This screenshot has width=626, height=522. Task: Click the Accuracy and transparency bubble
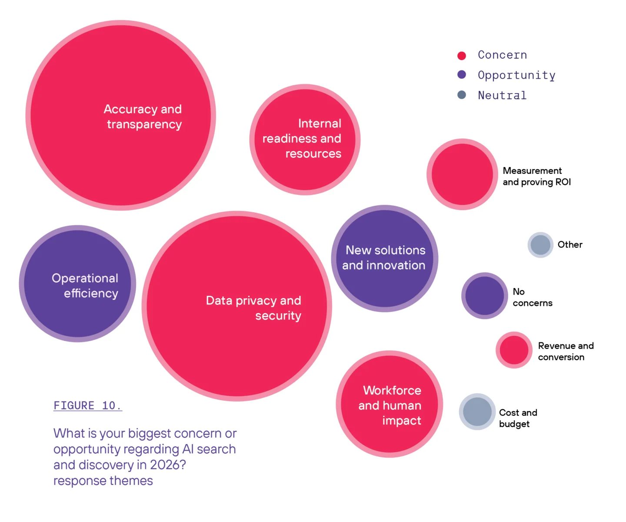tap(121, 115)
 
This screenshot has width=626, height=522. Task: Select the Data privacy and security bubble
tap(237, 306)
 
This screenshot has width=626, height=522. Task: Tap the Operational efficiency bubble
tap(77, 284)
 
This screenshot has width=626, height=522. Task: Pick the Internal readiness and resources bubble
tap(305, 140)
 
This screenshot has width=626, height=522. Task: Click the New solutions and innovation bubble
tap(385, 258)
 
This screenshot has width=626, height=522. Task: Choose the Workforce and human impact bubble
tap(390, 404)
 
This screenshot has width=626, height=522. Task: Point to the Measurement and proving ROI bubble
tap(462, 174)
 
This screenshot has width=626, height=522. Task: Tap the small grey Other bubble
tap(540, 245)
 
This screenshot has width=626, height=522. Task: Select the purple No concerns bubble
tap(484, 296)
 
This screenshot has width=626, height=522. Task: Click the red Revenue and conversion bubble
tap(514, 350)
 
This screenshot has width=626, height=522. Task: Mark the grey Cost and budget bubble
tap(477, 412)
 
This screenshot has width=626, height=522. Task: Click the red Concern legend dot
tap(462, 56)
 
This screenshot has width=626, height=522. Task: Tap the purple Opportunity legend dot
tap(462, 75)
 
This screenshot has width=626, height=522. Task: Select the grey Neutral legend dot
tap(462, 95)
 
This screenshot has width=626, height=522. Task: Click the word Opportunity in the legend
tap(516, 75)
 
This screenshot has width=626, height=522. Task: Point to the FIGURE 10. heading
tap(87, 405)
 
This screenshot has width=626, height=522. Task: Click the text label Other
tap(570, 245)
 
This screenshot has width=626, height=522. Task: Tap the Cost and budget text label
tap(518, 418)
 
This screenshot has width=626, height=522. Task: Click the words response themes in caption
tap(103, 481)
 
